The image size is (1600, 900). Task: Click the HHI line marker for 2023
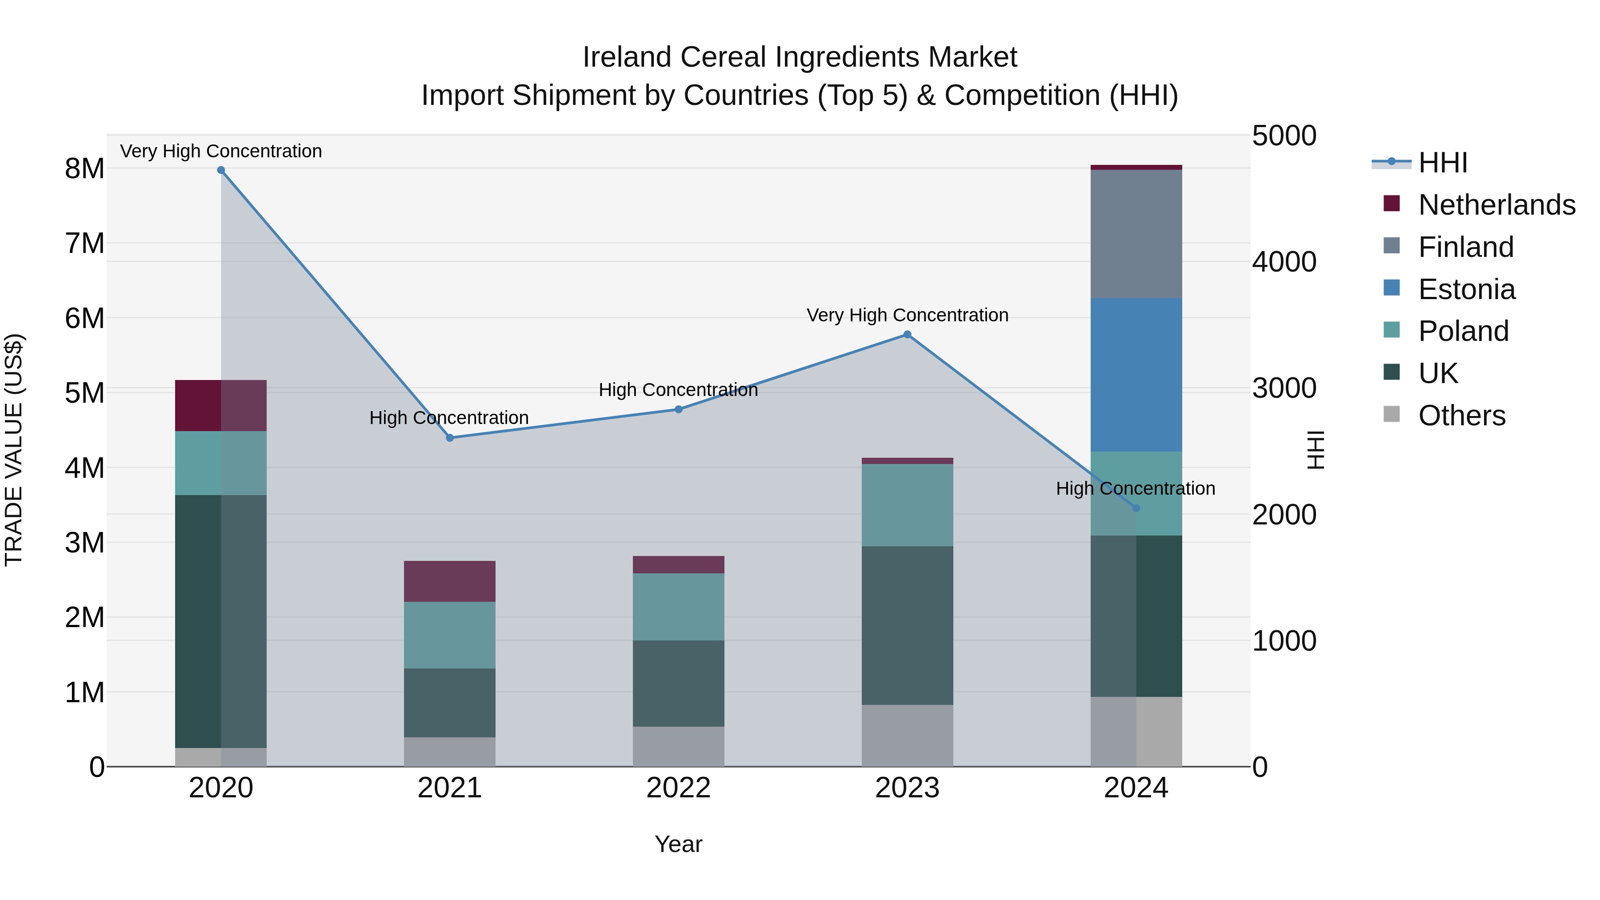(907, 335)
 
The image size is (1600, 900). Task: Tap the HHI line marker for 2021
(450, 438)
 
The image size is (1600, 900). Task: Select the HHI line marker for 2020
(221, 170)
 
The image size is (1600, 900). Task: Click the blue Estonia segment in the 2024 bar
(1136, 375)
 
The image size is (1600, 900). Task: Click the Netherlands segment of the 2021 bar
(450, 581)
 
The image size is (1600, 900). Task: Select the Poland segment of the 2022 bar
(678, 607)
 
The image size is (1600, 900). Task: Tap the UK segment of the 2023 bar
(907, 625)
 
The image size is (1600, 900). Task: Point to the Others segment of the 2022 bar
(678, 747)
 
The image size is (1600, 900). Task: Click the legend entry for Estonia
(1467, 289)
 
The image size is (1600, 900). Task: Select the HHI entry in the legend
(1442, 163)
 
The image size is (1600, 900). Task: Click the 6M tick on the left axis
(84, 318)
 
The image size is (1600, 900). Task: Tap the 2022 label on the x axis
(678, 788)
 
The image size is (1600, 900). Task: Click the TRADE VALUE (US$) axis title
(14, 450)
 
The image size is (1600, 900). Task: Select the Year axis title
(678, 844)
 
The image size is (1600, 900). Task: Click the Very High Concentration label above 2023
(907, 315)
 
